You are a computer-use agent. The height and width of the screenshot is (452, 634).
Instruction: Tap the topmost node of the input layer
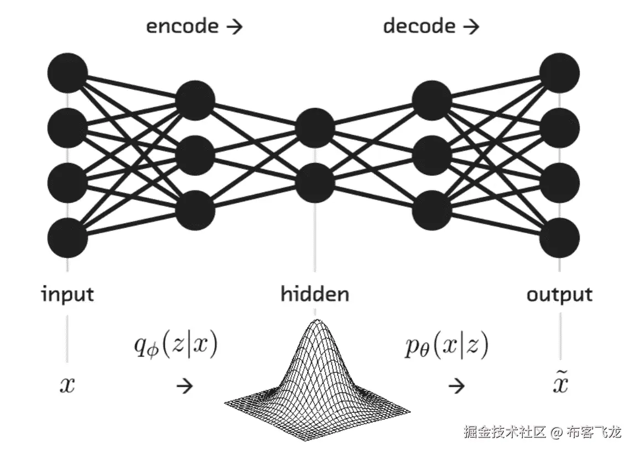[67, 72]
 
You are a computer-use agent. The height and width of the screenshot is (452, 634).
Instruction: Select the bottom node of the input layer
[67, 238]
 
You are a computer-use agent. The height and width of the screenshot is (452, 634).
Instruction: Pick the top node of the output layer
[559, 72]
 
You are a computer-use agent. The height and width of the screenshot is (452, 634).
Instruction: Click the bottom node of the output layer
[559, 238]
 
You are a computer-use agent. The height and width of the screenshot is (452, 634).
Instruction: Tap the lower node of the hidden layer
[315, 183]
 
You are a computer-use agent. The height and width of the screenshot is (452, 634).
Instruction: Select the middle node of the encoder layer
[194, 156]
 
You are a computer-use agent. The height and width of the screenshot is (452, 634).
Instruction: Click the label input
[67, 294]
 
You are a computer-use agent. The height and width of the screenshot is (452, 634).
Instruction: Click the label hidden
[315, 294]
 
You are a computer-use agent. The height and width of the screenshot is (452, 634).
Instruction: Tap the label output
[559, 294]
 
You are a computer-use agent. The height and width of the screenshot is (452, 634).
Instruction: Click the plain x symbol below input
[67, 385]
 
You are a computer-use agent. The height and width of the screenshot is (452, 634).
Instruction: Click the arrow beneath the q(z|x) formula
[184, 386]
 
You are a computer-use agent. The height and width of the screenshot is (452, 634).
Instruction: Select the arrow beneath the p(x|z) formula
[456, 386]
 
